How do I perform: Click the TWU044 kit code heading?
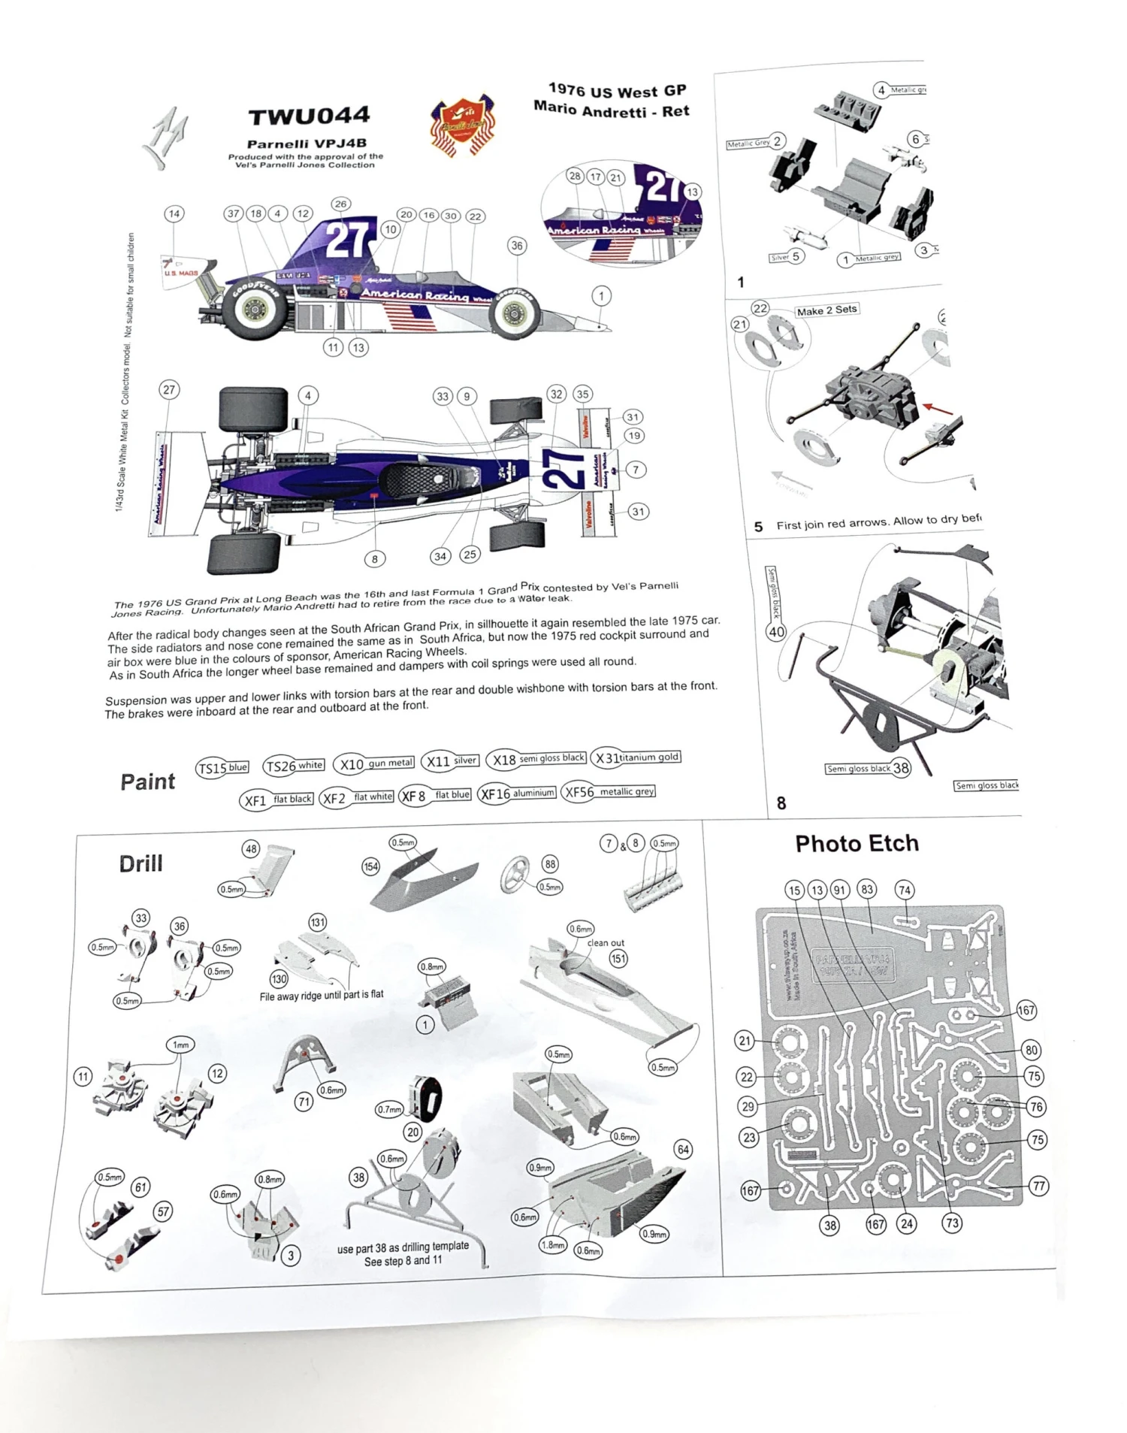click(309, 116)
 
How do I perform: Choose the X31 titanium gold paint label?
click(636, 757)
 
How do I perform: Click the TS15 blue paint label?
click(222, 768)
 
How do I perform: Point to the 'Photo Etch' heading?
click(857, 843)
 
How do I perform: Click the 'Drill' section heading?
click(140, 863)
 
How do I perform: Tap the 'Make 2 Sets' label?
click(826, 310)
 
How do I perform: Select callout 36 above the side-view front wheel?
click(517, 246)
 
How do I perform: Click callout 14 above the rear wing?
click(174, 214)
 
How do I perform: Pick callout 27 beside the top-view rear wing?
click(169, 389)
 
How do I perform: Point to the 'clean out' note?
click(606, 943)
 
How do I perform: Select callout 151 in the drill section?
click(618, 959)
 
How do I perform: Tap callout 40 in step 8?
click(776, 632)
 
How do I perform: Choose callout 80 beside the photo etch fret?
click(1031, 1051)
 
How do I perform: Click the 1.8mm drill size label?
click(552, 1245)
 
